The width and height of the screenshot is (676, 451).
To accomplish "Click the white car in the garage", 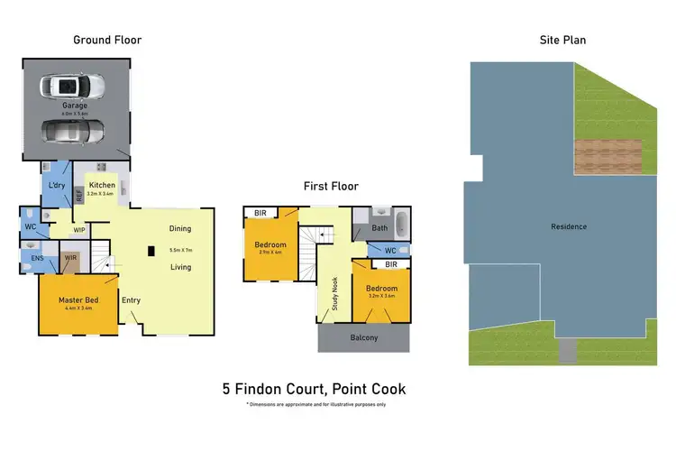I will coord(73,87).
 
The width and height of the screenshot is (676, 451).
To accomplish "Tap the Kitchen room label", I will coord(101,186).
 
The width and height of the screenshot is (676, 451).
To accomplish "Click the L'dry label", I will coord(56,186).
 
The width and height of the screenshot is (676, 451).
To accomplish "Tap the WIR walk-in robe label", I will coord(70,260).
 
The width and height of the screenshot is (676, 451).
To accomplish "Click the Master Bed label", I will coord(78,299).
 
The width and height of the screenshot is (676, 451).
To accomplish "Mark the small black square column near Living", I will coord(151,251).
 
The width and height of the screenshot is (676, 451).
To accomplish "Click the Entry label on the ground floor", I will coord(132,299).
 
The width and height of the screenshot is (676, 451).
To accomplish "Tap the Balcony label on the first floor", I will coord(363,338).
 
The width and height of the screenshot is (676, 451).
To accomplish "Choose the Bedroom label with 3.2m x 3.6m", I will coord(380,290).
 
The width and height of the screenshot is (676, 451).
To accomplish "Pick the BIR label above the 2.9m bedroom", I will coord(260,213).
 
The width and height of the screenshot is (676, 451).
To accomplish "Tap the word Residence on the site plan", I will coord(570,226).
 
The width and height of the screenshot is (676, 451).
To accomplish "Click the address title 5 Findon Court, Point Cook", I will coord(314,390).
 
